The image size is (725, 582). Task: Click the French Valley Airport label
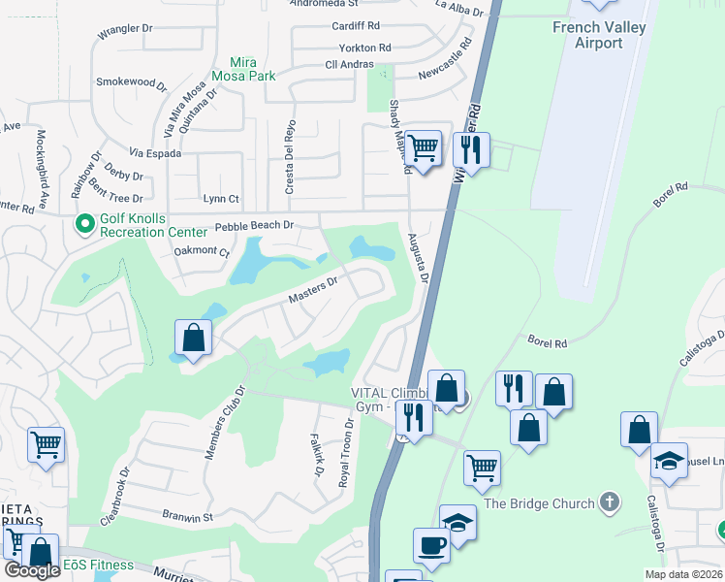click(x=587, y=35)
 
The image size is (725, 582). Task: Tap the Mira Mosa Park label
click(x=239, y=69)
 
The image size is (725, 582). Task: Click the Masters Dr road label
click(x=312, y=289)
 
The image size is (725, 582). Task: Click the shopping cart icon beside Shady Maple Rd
click(x=424, y=148)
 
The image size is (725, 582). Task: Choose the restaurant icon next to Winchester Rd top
click(x=471, y=150)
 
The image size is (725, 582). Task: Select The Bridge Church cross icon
click(x=609, y=502)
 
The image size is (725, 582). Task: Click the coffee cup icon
click(x=431, y=546)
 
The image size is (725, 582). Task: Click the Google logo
click(x=32, y=570)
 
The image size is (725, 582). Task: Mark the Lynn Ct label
click(x=221, y=199)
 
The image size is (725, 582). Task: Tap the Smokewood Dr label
click(x=131, y=82)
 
